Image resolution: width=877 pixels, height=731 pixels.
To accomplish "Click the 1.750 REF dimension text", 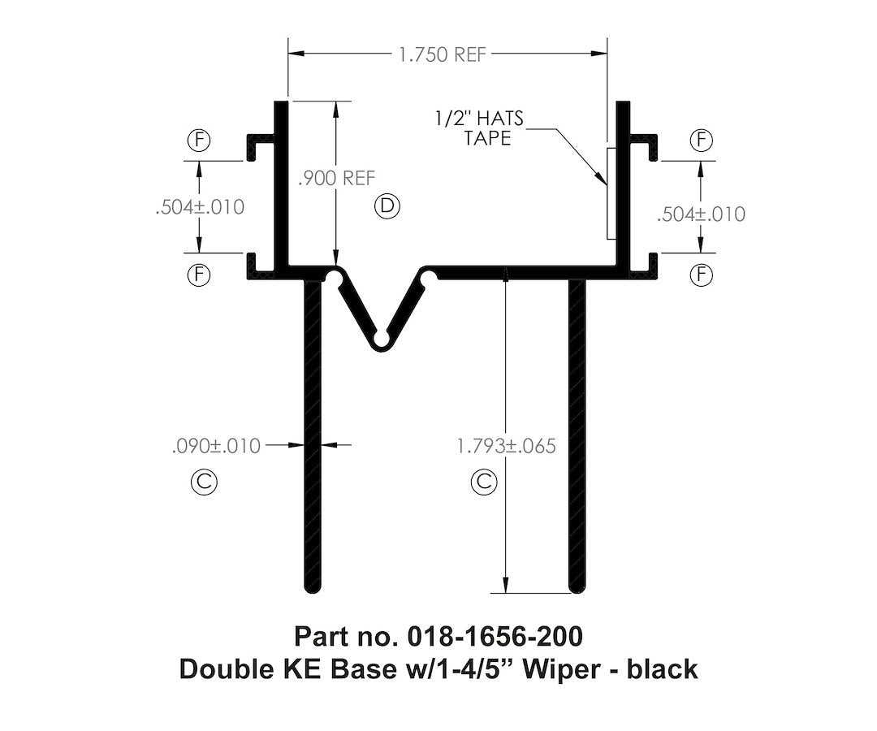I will [x=442, y=54].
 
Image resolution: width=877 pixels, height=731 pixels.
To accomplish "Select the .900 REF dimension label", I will [x=336, y=179].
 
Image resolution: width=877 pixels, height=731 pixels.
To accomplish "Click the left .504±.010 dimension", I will [x=200, y=207].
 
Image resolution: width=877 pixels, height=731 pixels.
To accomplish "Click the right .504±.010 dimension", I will [x=700, y=214].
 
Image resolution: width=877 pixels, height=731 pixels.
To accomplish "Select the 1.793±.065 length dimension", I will [x=506, y=446].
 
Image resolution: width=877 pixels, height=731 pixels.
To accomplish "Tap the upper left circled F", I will [x=199, y=140].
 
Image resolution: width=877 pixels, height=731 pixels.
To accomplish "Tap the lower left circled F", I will [x=199, y=275].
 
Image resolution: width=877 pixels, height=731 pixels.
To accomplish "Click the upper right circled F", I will [x=700, y=140].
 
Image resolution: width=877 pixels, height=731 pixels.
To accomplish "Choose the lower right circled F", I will [x=700, y=275].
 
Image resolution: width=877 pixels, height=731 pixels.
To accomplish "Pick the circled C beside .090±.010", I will [x=203, y=482].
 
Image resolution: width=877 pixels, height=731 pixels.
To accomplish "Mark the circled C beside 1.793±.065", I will [x=483, y=482].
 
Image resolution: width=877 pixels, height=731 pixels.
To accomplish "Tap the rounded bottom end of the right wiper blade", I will [x=577, y=588].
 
